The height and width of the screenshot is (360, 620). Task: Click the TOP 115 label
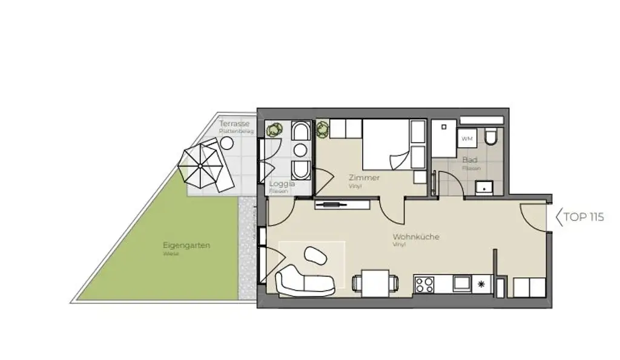(x=584, y=217)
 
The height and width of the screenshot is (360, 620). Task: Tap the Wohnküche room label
(x=416, y=237)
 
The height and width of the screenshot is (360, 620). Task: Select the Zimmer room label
(x=364, y=178)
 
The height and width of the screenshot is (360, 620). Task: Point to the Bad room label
(x=469, y=160)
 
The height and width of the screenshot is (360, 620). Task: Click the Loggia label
(x=282, y=183)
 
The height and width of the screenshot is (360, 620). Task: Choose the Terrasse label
(x=234, y=124)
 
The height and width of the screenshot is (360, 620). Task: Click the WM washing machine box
(x=467, y=139)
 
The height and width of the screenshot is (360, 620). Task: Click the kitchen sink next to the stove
(x=461, y=283)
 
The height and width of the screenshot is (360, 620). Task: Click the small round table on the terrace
(x=226, y=143)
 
